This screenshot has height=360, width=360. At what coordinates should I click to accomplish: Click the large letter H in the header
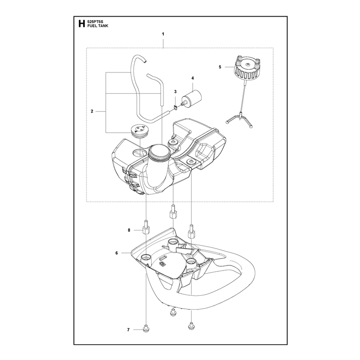81,24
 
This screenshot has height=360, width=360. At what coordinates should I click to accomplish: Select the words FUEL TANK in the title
98,26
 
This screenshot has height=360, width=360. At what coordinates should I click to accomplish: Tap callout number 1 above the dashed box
163,34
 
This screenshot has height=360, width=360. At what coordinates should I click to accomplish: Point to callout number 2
92,111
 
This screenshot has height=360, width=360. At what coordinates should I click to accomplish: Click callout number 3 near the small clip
175,92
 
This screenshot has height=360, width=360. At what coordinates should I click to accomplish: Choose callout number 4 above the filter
193,78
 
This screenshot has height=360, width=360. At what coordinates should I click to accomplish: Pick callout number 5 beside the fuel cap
220,67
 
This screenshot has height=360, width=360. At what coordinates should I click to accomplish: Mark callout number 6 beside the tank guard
117,253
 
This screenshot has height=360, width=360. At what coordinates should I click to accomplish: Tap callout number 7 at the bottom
128,330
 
